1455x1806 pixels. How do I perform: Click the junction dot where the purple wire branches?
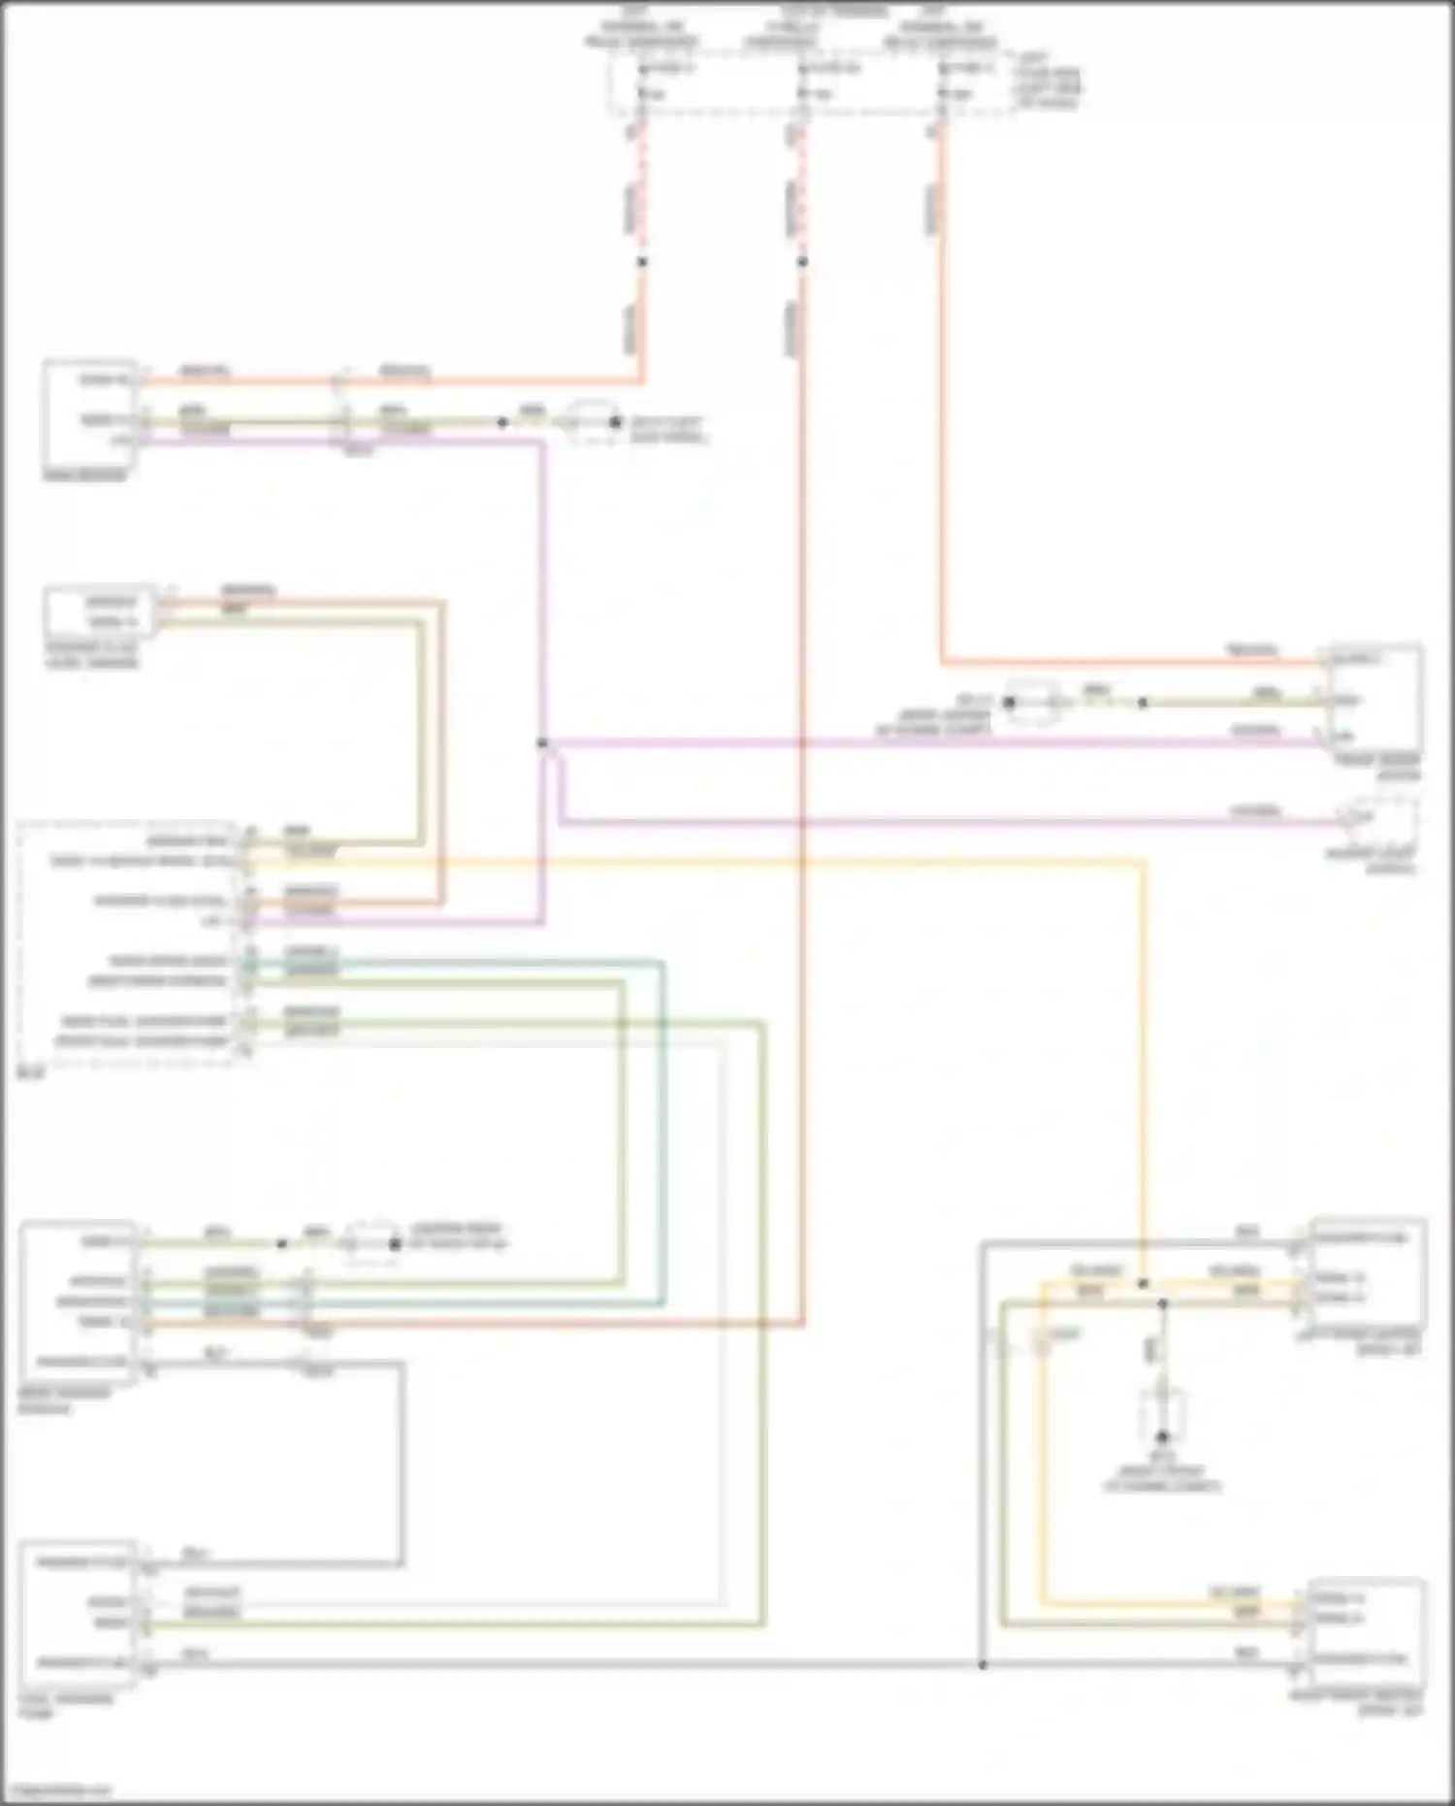point(542,743)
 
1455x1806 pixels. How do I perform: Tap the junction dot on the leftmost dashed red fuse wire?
point(641,262)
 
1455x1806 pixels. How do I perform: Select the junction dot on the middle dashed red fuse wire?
point(802,262)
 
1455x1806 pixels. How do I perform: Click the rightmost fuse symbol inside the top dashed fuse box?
point(942,82)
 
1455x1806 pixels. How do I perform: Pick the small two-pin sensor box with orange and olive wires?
point(100,611)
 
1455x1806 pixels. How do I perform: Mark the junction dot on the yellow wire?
point(1144,1284)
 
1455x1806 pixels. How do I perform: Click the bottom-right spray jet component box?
point(1366,1634)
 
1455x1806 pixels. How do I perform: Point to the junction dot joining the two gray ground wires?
point(983,1665)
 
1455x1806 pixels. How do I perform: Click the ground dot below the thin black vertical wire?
point(1162,1436)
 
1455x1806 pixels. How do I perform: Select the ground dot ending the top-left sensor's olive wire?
point(615,422)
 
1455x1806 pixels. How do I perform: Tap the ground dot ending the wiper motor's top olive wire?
point(395,1244)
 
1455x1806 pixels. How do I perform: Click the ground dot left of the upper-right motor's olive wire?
point(1010,702)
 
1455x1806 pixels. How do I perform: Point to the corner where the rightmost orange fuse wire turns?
point(942,664)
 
